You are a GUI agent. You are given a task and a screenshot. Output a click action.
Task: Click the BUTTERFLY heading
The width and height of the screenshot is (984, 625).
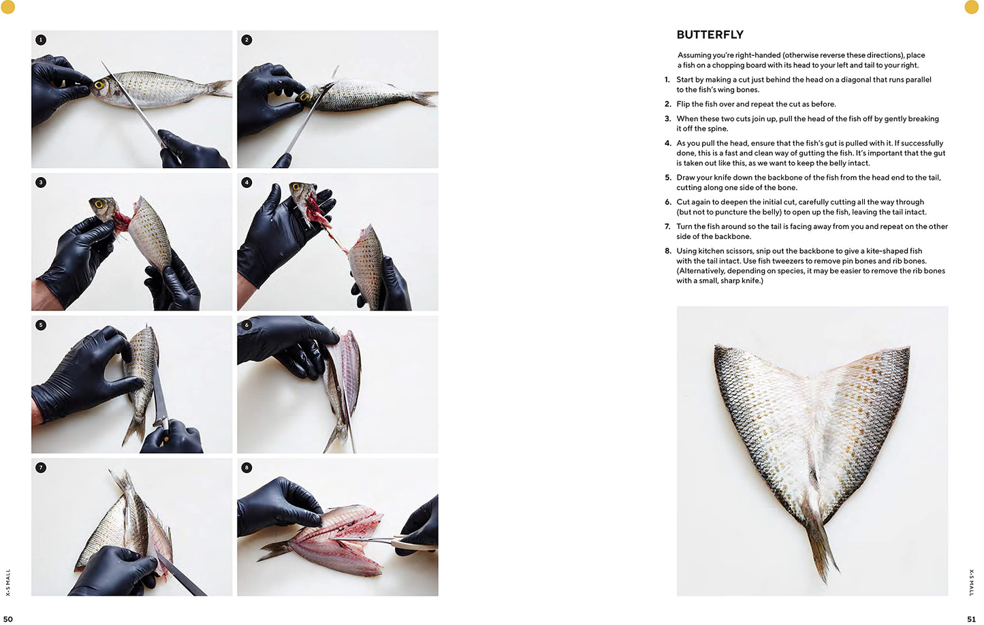[x=710, y=35]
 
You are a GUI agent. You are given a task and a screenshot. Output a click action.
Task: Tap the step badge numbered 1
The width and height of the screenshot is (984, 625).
[x=41, y=40]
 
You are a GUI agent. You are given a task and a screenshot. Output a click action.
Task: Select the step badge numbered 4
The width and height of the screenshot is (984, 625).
[x=247, y=182]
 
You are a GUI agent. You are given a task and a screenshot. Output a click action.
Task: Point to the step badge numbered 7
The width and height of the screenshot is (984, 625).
[x=41, y=468]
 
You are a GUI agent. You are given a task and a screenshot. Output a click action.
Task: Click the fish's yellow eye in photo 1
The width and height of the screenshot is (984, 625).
[x=98, y=85]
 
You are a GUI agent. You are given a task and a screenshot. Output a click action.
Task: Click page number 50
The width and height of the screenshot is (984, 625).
[x=8, y=620]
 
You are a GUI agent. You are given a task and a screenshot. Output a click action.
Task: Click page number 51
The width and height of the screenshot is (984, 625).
[x=971, y=620]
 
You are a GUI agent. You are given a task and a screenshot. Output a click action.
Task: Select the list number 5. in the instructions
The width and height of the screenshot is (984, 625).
[x=668, y=178]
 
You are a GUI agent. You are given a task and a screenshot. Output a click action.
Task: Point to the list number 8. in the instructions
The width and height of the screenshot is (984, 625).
[x=668, y=251]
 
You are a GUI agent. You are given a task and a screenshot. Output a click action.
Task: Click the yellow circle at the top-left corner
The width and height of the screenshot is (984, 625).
[x=8, y=7]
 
